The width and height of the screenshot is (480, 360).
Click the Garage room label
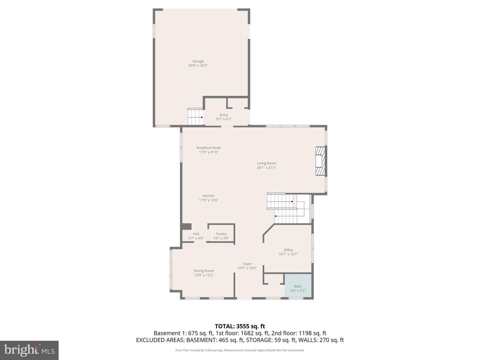pos(198,61)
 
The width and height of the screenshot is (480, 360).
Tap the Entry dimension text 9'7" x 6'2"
pos(224,119)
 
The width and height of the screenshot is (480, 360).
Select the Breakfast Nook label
pos(208,148)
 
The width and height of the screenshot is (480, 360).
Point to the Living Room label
pos(266,163)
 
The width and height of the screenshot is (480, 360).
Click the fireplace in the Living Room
pos(320,161)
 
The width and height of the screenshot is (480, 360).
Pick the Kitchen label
pos(208,196)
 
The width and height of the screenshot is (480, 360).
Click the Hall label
pos(196,234)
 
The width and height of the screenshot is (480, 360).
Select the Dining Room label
pos(204,271)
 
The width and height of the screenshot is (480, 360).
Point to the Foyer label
pos(247,264)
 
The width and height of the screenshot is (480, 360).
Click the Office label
pos(288,250)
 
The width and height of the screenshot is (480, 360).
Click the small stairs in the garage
pos(195,117)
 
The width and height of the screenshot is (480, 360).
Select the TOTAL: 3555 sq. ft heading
pos(240,326)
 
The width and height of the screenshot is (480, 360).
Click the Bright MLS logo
pos(29,350)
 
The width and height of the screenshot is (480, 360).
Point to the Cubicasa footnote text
pos(240,350)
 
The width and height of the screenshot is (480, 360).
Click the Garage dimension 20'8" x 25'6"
pos(198,66)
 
